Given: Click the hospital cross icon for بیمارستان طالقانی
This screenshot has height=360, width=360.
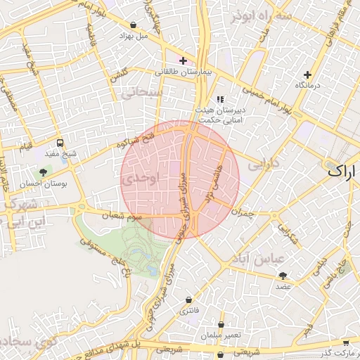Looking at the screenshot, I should tap(183, 61).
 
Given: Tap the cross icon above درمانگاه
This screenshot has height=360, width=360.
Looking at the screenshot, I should tap(307, 75).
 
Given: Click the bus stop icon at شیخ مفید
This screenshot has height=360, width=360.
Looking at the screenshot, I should tap(60, 142).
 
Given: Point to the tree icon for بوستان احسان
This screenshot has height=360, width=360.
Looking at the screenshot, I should tap(44, 172).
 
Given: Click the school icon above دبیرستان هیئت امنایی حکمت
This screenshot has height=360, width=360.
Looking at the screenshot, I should tap(219, 100).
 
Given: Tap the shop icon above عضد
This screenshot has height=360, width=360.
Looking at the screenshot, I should tap(283, 276).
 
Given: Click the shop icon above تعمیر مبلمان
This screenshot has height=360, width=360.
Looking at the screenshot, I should tap(221, 325).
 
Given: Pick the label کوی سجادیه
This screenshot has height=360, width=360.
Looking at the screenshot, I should tap(21, 342).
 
